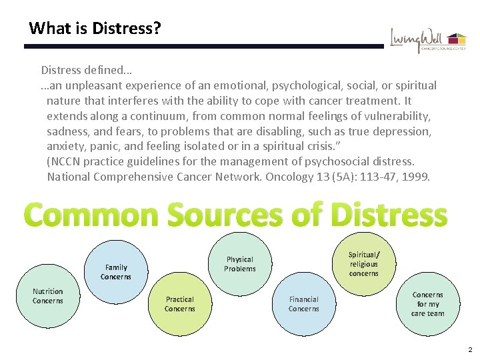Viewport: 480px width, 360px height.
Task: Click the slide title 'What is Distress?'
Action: click(x=95, y=29)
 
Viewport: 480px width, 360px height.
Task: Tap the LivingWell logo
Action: click(x=427, y=40)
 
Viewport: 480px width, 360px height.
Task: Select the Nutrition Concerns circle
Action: click(x=48, y=296)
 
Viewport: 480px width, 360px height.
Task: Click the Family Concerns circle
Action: click(x=116, y=272)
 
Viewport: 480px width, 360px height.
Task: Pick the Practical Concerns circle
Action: click(x=180, y=304)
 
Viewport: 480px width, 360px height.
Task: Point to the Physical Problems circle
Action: click(x=240, y=264)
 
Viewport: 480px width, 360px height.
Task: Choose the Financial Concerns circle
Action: click(x=303, y=304)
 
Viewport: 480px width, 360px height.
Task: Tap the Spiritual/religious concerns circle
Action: click(x=363, y=264)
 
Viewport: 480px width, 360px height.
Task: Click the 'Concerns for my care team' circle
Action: click(x=427, y=304)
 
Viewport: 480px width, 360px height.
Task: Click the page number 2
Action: click(x=470, y=350)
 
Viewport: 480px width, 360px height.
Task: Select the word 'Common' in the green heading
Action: click(x=92, y=215)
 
